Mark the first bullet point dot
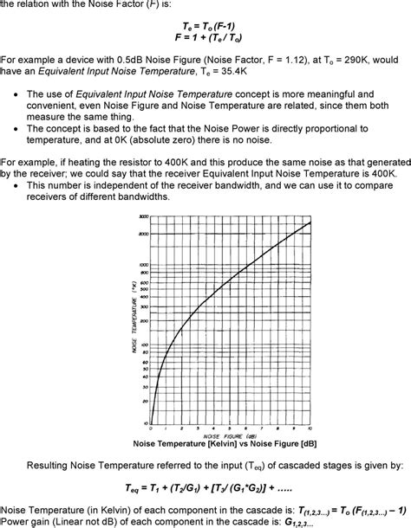[17, 93]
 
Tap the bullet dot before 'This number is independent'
[17, 185]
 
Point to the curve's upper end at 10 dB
[310, 223]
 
